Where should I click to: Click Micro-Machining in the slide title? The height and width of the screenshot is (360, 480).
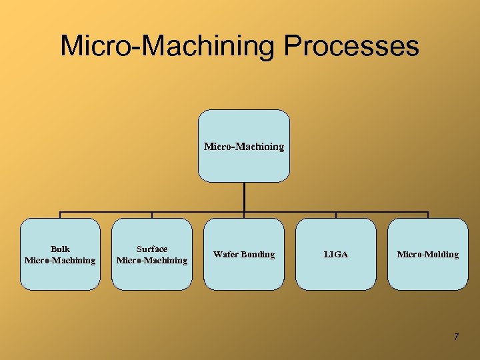(167, 47)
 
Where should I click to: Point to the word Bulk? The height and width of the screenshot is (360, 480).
(60, 249)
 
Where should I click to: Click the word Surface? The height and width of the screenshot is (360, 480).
(152, 249)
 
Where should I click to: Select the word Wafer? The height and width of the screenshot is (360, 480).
(226, 255)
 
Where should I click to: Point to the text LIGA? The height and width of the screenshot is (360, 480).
(336, 255)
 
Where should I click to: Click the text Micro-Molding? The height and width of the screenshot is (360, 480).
(428, 255)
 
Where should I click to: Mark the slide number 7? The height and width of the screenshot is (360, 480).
(456, 337)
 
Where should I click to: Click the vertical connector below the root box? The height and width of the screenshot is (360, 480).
(244, 197)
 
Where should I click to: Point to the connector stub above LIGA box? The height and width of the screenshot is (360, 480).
(336, 215)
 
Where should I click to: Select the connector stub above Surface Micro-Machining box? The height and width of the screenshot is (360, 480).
(152, 215)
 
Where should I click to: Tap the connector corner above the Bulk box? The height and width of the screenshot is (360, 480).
(61, 213)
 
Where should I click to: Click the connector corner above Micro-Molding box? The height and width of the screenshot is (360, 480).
(428, 213)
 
